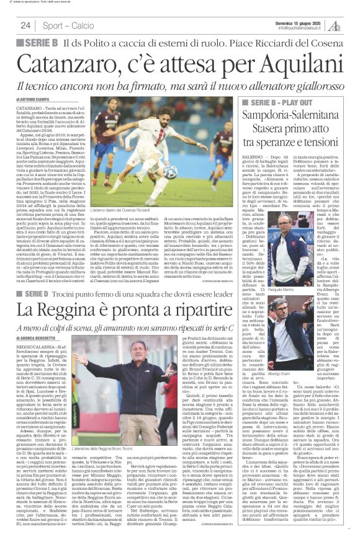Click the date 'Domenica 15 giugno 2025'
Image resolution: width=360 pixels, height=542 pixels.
[301, 22]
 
